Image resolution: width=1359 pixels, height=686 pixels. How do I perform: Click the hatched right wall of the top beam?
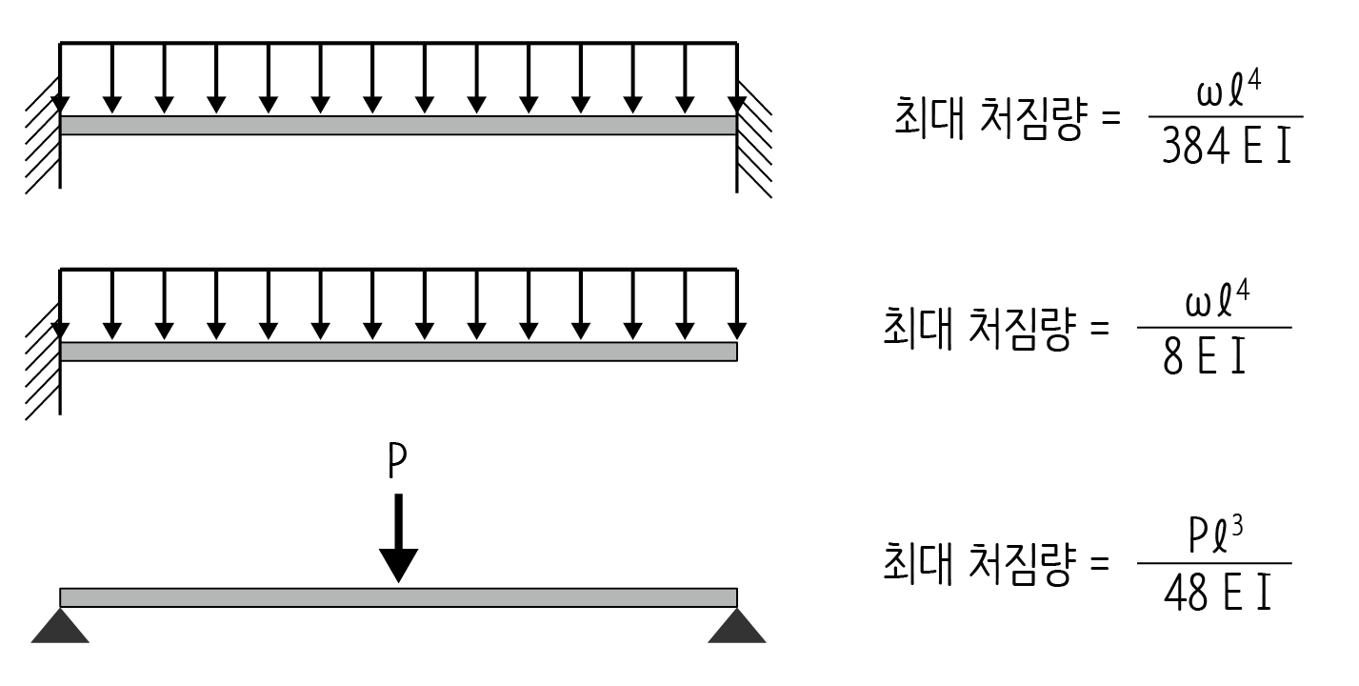[x=753, y=138]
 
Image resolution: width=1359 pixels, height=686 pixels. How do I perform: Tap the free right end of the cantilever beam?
[x=733, y=352]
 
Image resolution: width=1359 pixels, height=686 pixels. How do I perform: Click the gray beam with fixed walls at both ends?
[x=398, y=125]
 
